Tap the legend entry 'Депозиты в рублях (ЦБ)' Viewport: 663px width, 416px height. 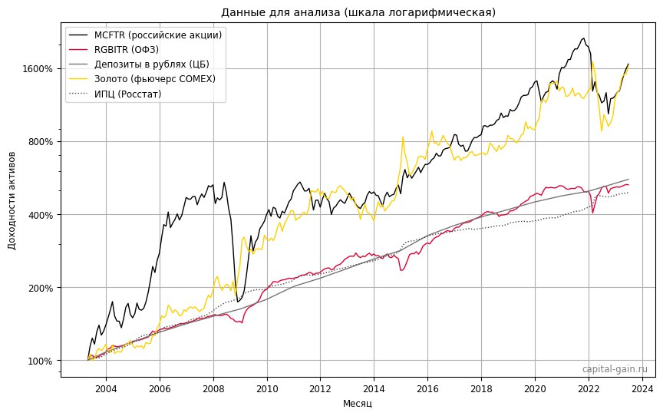[152, 64]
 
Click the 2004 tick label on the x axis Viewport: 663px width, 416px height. [106, 388]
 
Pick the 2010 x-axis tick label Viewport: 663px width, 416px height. [267, 388]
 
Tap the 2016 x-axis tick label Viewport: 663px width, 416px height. [427, 388]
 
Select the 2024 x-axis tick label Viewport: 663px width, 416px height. [642, 388]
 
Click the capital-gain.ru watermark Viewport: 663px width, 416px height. [615, 369]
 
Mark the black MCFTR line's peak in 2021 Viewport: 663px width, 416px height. [584, 38]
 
